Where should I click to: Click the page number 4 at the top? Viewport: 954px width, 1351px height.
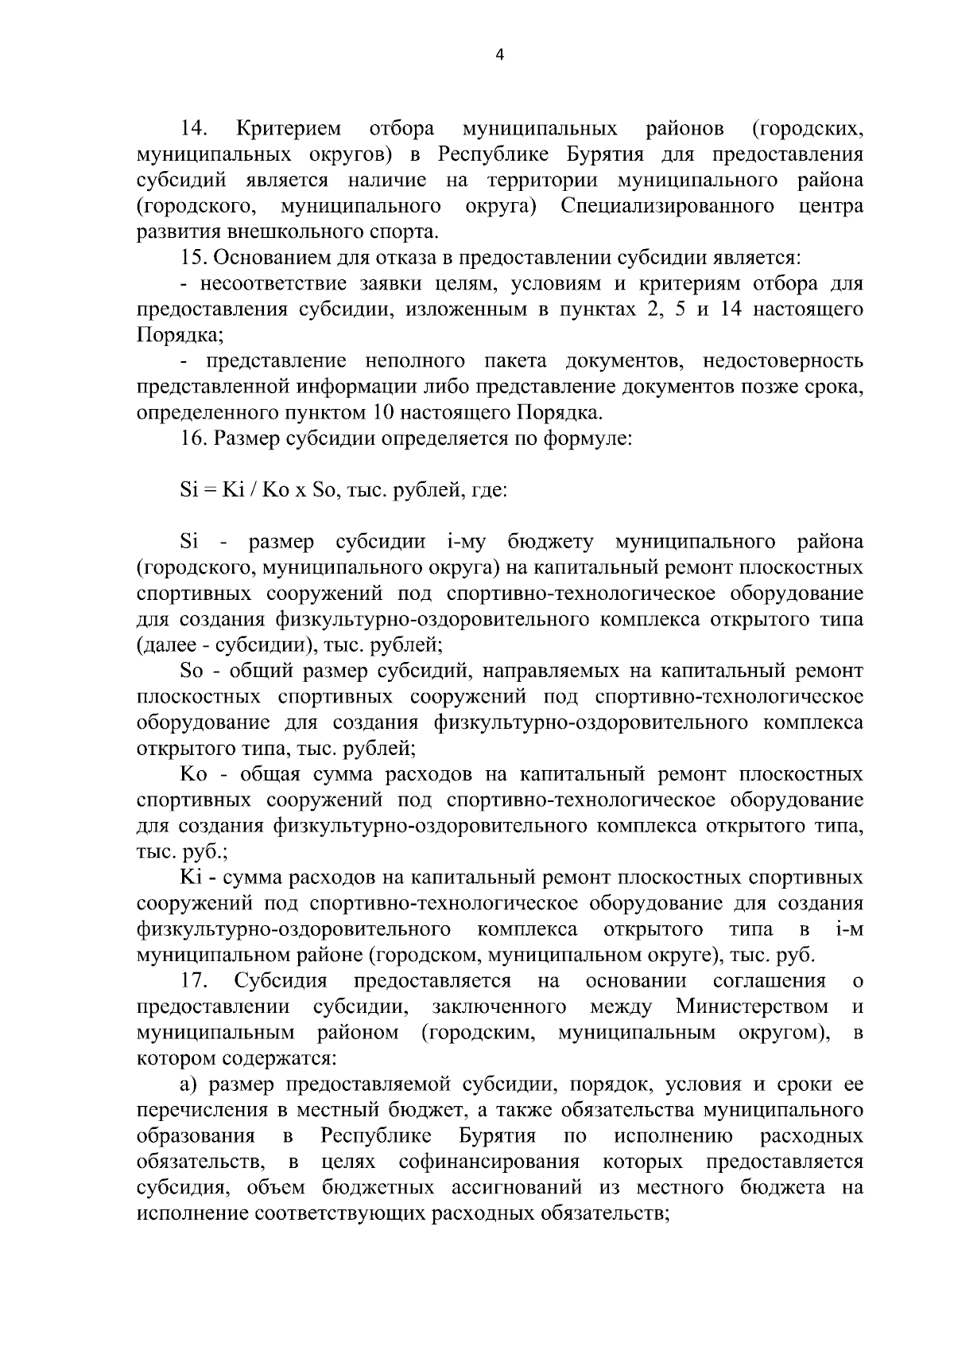(x=499, y=55)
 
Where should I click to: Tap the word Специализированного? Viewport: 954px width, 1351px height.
(x=667, y=206)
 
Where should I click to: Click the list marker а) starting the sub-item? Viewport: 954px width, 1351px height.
(x=189, y=1084)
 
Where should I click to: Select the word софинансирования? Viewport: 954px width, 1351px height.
(x=489, y=1162)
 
